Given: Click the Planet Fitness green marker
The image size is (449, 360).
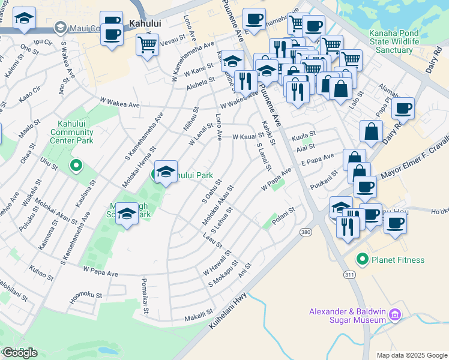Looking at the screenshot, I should coord(362,260).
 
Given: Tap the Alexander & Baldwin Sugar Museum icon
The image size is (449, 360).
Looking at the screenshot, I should coord(395,314).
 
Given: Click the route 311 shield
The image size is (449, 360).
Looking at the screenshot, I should coord(349,274).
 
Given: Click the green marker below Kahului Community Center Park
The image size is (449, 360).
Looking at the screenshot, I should coord(76,164).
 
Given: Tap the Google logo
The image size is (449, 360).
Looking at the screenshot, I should coord(20,353).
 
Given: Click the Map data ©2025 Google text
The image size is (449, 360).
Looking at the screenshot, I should coord(411,355).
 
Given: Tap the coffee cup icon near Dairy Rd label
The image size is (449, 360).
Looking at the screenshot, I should coord(405,109).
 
